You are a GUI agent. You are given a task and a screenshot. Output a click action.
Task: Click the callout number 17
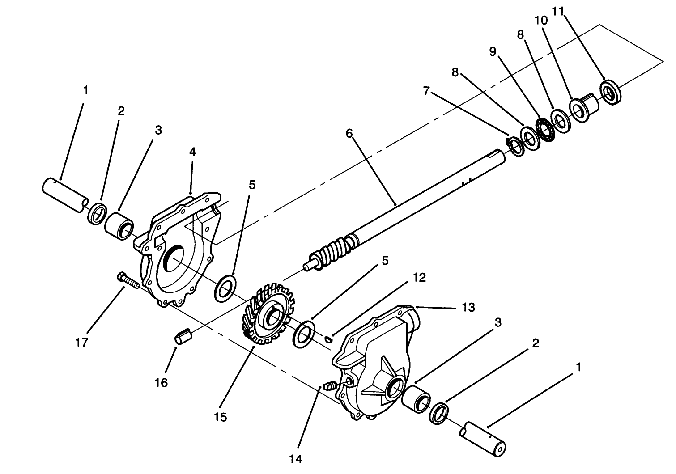pos(82,343)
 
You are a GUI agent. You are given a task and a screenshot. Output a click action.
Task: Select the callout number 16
pos(162,382)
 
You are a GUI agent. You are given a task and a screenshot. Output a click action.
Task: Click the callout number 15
pos(221,417)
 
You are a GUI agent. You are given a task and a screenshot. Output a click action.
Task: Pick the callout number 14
pos(296,459)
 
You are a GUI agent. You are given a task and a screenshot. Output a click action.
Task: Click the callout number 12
pos(419,278)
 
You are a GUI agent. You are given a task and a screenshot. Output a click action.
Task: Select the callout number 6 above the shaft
pos(349,133)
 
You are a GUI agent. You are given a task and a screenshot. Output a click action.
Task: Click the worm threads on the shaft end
pos(332,254)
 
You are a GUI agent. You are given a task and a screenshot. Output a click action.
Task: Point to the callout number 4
pos(192,152)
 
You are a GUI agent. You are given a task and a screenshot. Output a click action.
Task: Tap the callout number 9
pos(493,52)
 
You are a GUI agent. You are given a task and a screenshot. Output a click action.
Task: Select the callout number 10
pos(540,21)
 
